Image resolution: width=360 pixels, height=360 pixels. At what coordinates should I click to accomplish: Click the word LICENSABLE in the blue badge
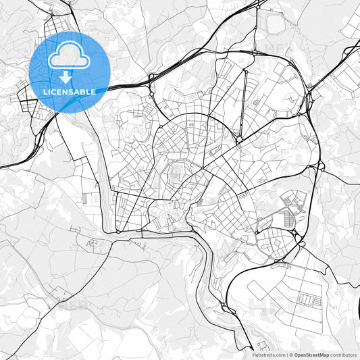(70, 90)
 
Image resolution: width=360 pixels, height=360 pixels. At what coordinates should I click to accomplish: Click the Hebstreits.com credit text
(269, 355)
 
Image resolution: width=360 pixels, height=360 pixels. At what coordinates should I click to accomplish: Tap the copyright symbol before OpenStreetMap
(291, 355)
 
